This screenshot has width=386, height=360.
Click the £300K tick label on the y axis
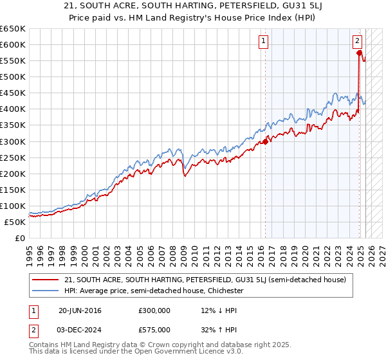13,141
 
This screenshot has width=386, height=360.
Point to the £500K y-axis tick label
13,76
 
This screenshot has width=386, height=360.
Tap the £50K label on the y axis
15,222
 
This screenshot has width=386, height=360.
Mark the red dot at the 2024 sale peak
358,53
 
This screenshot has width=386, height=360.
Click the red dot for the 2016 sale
265,141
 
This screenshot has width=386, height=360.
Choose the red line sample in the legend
45,280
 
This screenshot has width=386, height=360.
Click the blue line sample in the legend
45,291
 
